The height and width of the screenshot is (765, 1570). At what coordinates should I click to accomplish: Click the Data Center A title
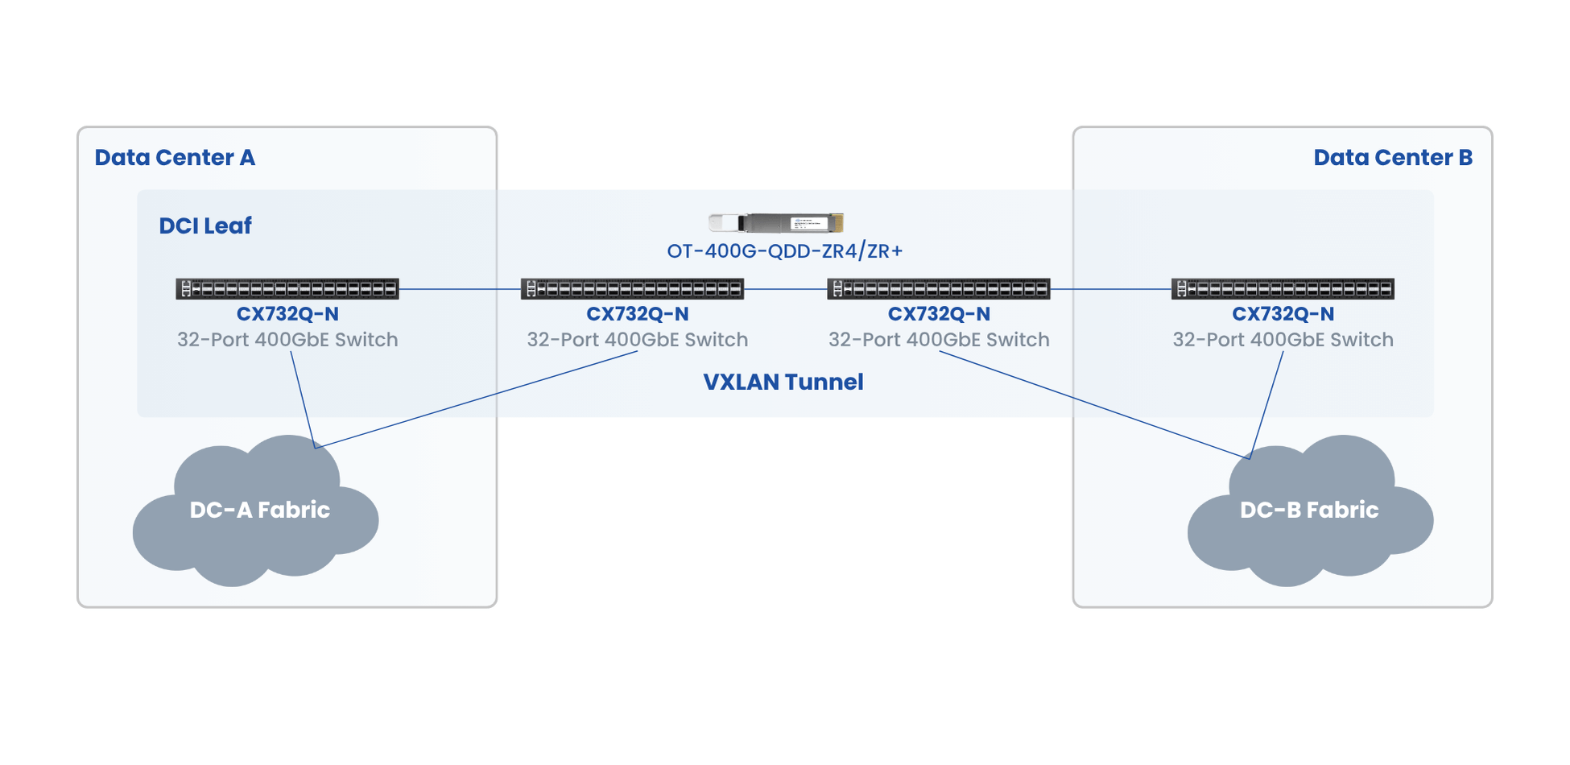click(x=175, y=157)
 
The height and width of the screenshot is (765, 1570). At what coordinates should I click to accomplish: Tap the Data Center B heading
click(x=1392, y=157)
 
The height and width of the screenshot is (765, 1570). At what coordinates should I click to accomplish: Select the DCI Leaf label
click(x=205, y=225)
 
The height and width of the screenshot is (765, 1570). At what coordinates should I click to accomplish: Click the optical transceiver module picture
click(x=775, y=222)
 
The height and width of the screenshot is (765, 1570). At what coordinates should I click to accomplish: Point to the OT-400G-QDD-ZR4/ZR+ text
click(x=784, y=251)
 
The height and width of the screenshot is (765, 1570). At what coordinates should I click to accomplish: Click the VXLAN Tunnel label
click(x=783, y=382)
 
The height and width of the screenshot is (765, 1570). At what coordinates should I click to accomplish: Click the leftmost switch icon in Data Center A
click(x=287, y=288)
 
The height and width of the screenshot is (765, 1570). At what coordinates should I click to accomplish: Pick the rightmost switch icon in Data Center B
click(x=1283, y=288)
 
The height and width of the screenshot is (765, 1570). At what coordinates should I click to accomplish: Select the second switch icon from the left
click(x=632, y=288)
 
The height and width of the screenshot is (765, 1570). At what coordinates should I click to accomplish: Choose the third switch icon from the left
click(x=939, y=288)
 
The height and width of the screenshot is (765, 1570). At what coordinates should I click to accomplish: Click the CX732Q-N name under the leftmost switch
click(x=287, y=314)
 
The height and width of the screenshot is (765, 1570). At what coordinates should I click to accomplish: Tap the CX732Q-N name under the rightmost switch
click(x=1283, y=314)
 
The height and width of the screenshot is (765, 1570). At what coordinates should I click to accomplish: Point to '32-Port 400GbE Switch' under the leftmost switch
click(x=287, y=340)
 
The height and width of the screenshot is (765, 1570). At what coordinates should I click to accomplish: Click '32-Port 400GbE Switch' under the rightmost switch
click(x=1283, y=340)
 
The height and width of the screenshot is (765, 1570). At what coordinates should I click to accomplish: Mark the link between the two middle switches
click(x=785, y=288)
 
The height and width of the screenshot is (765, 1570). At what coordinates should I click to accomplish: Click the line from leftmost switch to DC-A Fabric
click(x=302, y=399)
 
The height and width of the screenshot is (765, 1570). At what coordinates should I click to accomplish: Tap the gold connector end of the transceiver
click(x=837, y=222)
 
